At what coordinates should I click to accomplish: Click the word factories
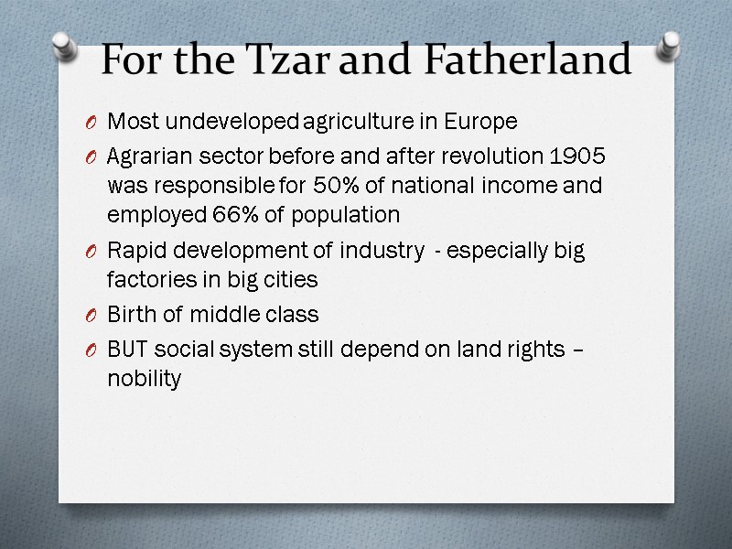tap(147, 279)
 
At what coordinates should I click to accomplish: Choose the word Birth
tap(131, 315)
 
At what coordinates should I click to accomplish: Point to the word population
tap(349, 215)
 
